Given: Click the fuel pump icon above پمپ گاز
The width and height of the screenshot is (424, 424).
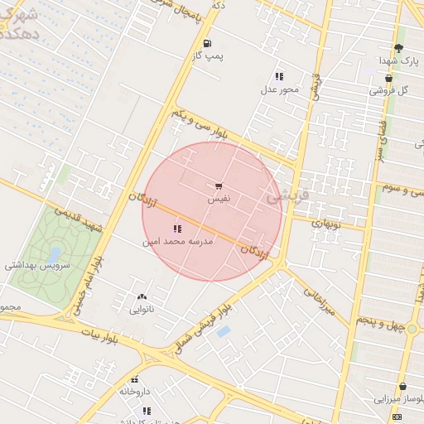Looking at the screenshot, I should pyautogui.click(x=206, y=43).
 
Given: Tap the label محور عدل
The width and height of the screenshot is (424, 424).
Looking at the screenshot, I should pyautogui.click(x=279, y=89).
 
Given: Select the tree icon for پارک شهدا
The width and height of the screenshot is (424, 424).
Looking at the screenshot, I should pyautogui.click(x=398, y=48).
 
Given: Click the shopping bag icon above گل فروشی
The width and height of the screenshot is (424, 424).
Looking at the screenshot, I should pyautogui.click(x=388, y=78).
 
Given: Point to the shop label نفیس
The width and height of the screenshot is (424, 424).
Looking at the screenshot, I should pyautogui.click(x=219, y=200).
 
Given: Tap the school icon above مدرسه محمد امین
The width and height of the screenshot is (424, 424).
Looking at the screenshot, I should pyautogui.click(x=176, y=228).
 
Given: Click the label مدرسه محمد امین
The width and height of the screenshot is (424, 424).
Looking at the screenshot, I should pyautogui.click(x=178, y=241).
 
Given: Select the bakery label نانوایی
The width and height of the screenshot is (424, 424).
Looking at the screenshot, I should pyautogui.click(x=141, y=310).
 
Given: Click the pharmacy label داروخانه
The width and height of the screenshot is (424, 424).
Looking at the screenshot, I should pyautogui.click(x=134, y=391).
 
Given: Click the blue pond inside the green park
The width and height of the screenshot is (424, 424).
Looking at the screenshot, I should pyautogui.click(x=55, y=252).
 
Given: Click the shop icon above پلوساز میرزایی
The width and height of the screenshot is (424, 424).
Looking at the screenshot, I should pyautogui.click(x=402, y=387).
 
